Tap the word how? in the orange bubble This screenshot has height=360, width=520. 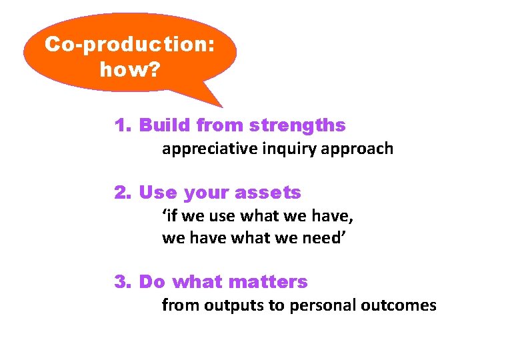(x=129, y=69)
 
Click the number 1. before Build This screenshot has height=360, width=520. (x=123, y=125)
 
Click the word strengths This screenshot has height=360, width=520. (x=297, y=125)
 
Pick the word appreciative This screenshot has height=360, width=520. (x=203, y=149)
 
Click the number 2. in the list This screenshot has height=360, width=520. (x=123, y=193)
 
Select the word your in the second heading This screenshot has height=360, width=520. (x=205, y=193)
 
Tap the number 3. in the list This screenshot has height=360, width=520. (x=123, y=282)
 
